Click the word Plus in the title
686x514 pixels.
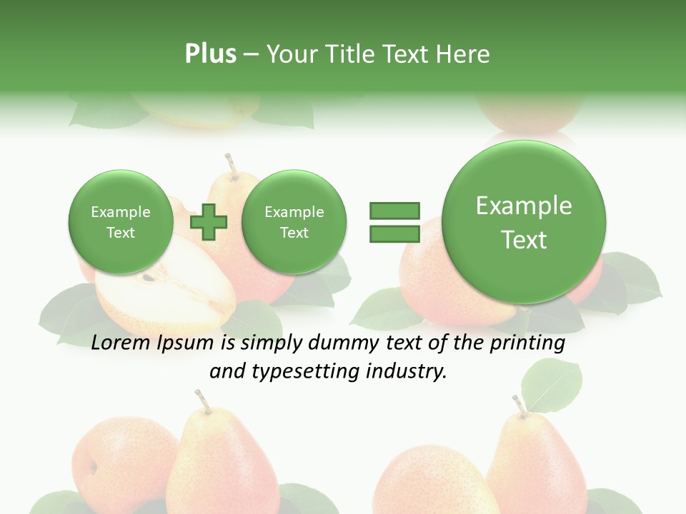point(210,54)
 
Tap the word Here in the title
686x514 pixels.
point(464,54)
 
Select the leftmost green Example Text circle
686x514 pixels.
point(121,222)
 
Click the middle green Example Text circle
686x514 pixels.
point(294,222)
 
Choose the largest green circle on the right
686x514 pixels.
point(524,222)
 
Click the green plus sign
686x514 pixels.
point(209,222)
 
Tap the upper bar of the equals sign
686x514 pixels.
point(394,211)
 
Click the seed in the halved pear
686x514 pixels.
point(148,278)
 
